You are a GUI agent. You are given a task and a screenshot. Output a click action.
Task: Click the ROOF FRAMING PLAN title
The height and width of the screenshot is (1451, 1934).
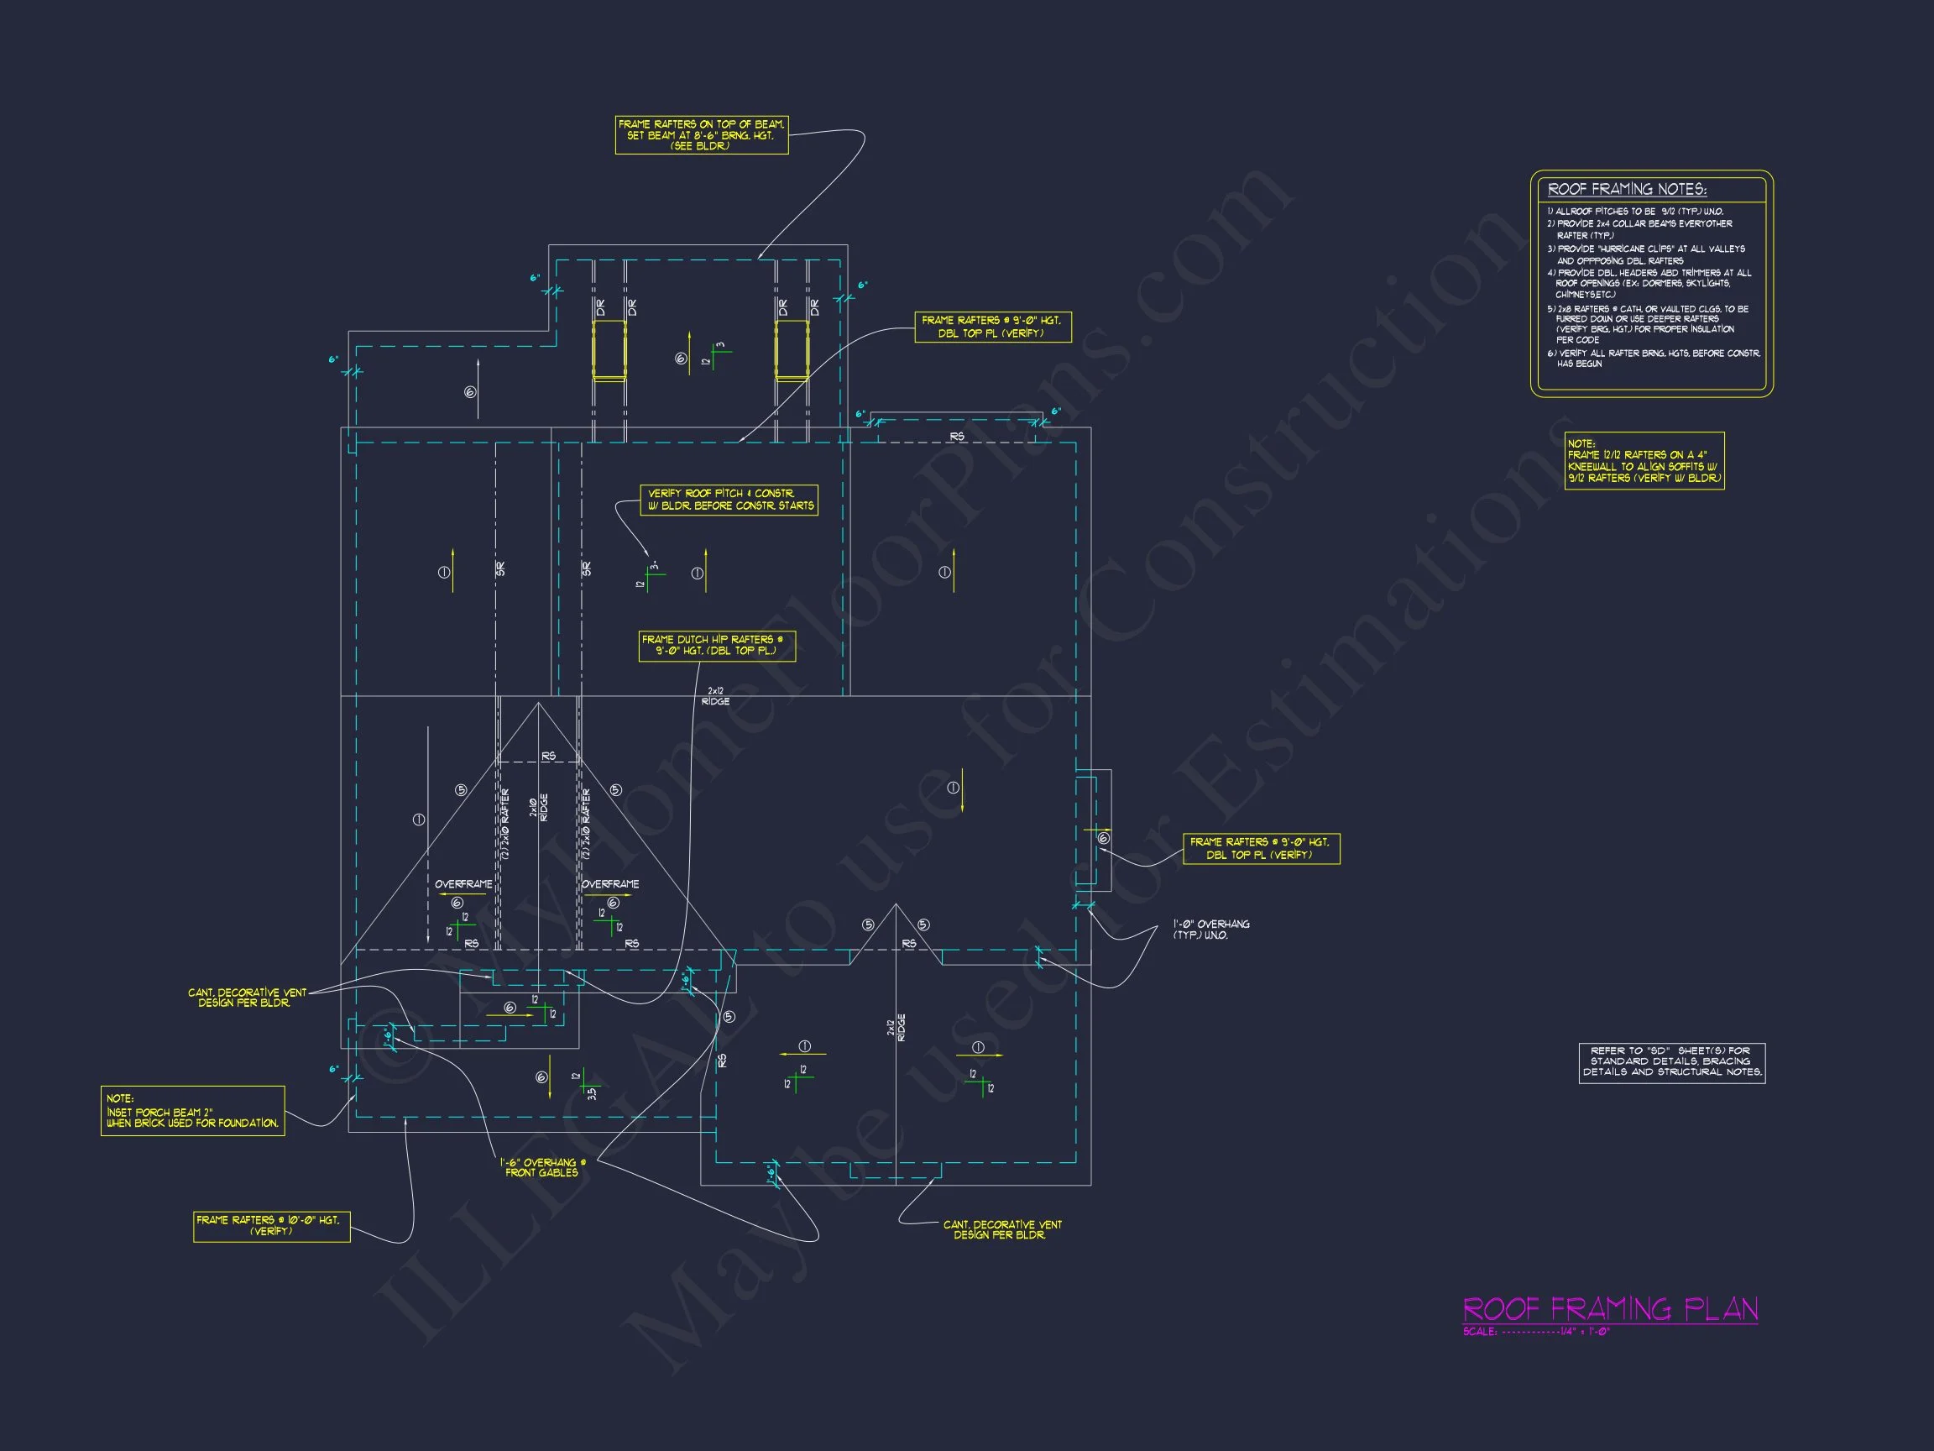1610,1309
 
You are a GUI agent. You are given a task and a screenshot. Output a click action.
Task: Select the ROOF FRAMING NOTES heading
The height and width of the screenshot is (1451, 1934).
1626,190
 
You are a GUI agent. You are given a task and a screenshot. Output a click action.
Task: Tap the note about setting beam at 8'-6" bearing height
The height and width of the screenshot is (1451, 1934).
701,135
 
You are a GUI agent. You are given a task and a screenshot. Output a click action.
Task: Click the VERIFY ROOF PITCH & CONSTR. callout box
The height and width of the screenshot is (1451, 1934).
729,500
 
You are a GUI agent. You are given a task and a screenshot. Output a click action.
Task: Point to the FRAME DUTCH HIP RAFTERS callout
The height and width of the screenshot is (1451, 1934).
717,646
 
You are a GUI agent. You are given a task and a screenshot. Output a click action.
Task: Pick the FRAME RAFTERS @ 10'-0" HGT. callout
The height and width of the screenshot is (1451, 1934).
271,1225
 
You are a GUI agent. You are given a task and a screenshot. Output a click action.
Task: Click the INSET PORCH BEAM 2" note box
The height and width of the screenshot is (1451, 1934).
192,1111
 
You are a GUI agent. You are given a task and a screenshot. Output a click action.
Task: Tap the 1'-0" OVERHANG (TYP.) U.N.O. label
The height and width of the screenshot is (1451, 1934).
1211,930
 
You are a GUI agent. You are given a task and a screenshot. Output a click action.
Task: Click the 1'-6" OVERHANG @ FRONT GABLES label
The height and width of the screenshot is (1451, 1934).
542,1168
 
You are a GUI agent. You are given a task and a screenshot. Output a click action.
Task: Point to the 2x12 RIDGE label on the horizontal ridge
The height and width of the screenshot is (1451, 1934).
715,696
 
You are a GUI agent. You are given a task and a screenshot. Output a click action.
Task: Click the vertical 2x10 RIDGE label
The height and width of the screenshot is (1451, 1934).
539,806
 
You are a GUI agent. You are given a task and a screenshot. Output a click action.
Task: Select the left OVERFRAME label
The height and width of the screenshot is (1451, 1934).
463,884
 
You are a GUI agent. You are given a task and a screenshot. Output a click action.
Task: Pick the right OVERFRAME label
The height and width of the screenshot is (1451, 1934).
610,884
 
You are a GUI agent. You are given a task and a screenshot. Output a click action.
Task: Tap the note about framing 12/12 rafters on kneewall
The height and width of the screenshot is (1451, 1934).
1644,461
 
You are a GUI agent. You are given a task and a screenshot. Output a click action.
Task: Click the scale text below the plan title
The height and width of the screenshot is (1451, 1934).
1536,1332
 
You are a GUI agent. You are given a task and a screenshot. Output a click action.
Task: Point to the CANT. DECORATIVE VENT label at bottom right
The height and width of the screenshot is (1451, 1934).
1002,1229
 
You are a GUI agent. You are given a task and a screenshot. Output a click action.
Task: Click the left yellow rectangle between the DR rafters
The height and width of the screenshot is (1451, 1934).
609,350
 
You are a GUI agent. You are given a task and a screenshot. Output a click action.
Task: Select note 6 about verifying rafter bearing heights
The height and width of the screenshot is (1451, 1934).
1653,359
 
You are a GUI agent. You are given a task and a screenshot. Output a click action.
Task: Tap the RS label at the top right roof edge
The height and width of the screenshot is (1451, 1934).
958,437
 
